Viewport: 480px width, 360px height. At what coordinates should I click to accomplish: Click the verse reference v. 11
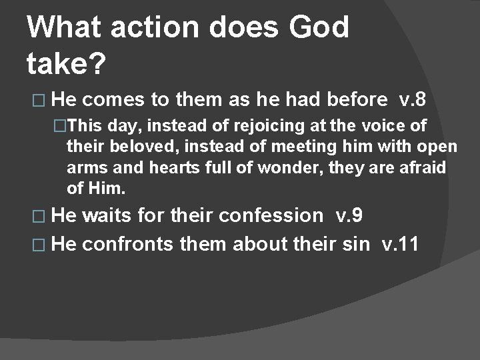coord(400,244)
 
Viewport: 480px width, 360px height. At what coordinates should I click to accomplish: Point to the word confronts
coord(129,244)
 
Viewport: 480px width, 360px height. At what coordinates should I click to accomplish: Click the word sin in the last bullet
coord(357,244)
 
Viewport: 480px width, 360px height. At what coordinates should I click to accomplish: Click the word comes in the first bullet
coord(115,100)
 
